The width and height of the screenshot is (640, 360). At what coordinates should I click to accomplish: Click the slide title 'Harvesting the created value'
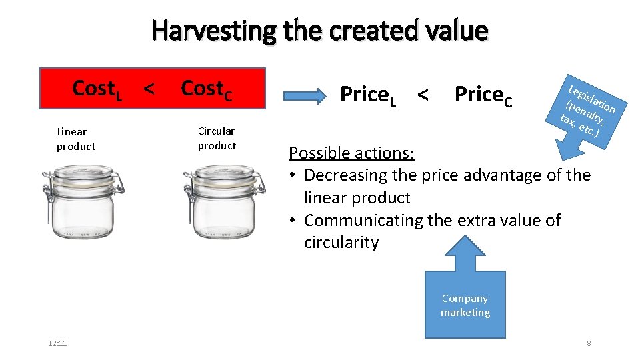(320, 30)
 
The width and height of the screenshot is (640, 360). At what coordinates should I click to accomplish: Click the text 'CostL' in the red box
(97, 89)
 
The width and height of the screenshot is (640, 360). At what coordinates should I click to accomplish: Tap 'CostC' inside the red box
(207, 89)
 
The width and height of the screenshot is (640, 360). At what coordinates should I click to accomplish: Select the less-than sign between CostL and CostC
(150, 88)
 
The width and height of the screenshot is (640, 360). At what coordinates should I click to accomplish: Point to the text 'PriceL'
(368, 95)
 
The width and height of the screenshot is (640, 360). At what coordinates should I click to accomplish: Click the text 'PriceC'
(483, 95)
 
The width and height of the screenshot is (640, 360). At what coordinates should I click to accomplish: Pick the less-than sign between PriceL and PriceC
(422, 95)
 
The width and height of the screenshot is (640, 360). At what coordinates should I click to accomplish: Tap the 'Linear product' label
(75, 139)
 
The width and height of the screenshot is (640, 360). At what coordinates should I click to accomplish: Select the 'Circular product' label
(217, 138)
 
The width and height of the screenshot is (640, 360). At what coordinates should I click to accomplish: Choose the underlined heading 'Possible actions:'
(351, 153)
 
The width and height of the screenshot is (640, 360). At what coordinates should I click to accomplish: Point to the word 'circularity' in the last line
(341, 243)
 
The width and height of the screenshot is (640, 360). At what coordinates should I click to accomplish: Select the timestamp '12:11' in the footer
(58, 343)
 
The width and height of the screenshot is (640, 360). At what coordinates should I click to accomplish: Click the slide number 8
(589, 343)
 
